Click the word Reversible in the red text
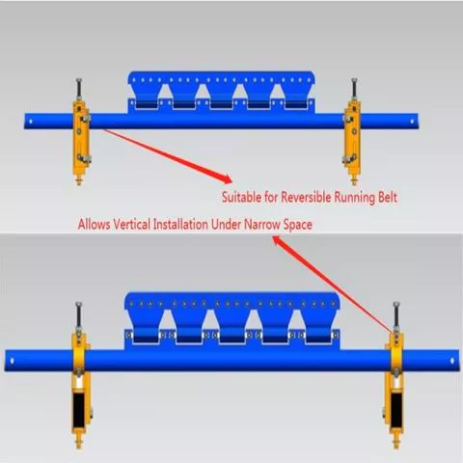click(x=306, y=197)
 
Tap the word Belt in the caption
click(x=388, y=197)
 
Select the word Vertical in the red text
click(x=132, y=224)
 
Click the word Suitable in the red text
click(x=241, y=197)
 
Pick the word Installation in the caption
click(x=180, y=224)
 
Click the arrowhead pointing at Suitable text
click(x=227, y=178)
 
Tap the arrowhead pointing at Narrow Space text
click(x=277, y=240)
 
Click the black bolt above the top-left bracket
click(x=79, y=88)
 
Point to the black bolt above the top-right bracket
click(x=354, y=88)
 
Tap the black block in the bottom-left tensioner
click(x=79, y=408)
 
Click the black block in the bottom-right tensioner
click(x=396, y=408)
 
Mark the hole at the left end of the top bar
click(x=31, y=122)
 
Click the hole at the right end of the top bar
click(x=412, y=122)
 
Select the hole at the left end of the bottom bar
click(x=12, y=361)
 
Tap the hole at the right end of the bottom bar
click(x=452, y=361)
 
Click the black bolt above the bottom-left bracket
click(x=79, y=314)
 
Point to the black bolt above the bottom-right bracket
click(x=396, y=314)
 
